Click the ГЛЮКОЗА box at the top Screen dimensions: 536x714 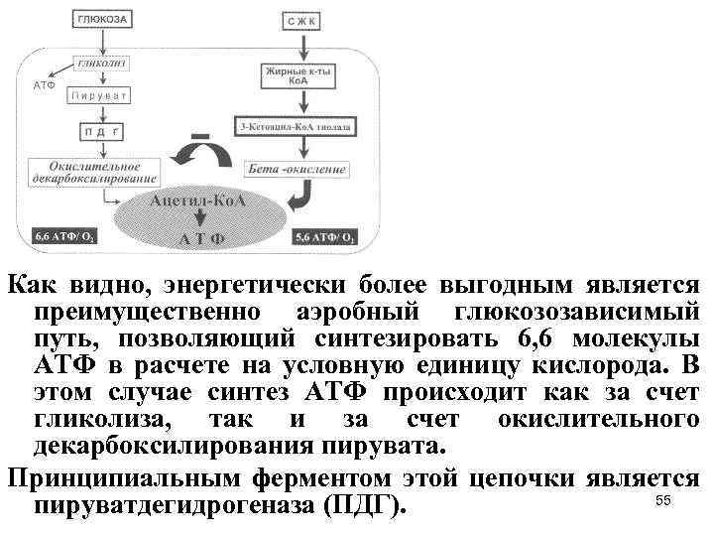coord(102,19)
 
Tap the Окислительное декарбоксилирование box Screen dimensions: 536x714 coord(95,171)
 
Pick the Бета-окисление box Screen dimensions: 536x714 coord(297,168)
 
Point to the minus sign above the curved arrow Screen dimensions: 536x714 coord(202,133)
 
